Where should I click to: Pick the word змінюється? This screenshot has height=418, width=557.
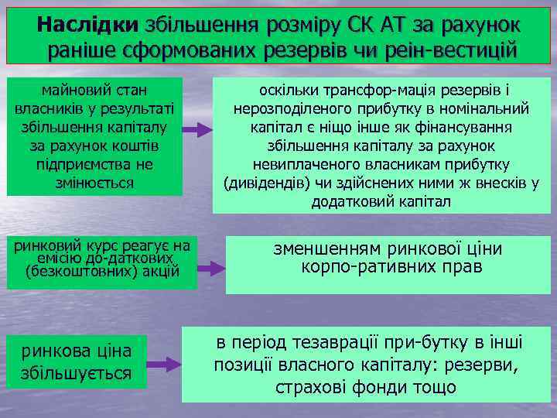point(95,183)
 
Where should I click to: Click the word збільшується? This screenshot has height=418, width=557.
point(76,373)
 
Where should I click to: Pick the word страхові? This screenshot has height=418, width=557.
point(309,386)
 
